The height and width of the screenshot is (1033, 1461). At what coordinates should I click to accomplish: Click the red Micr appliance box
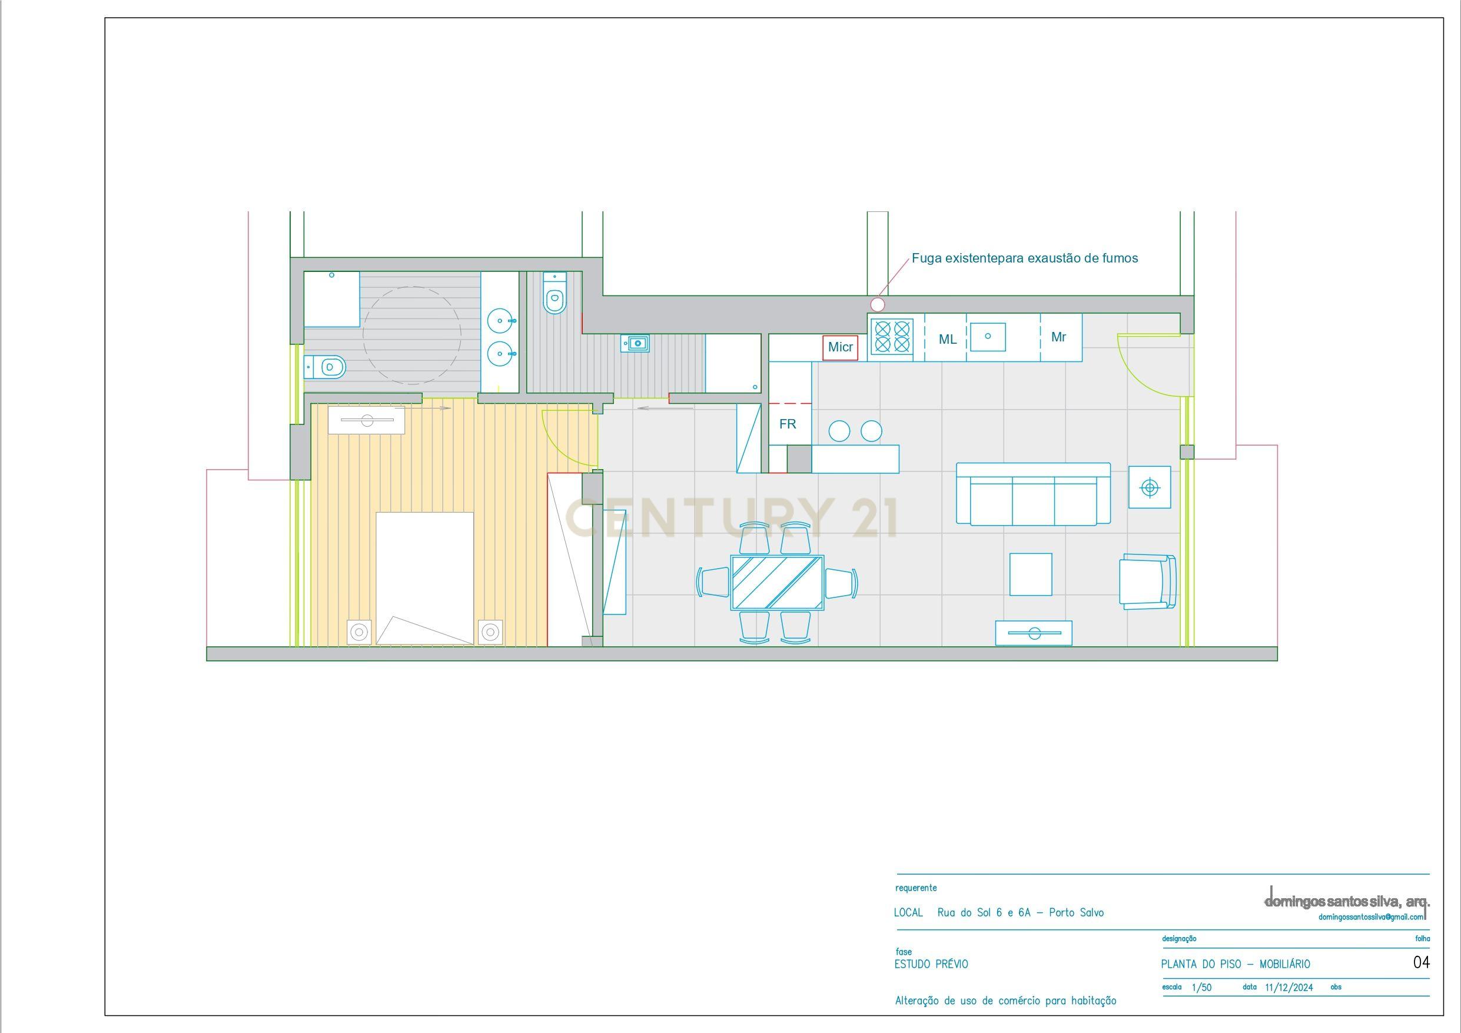(x=840, y=347)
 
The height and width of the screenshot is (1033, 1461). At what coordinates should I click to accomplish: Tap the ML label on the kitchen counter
(x=948, y=340)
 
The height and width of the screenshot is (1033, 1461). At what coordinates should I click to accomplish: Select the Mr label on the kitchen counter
(x=1058, y=337)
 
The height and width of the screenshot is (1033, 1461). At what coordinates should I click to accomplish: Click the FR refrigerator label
(x=788, y=424)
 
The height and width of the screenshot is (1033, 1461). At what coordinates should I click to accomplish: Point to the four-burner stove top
(x=891, y=336)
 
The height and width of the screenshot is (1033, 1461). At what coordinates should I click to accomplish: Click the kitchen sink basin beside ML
(x=988, y=337)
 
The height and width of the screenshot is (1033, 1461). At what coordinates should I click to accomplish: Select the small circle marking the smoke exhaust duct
(x=878, y=305)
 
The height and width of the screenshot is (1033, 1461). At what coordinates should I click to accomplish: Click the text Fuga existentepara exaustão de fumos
(x=1024, y=258)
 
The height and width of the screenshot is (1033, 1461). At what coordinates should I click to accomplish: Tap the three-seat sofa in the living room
(x=1034, y=494)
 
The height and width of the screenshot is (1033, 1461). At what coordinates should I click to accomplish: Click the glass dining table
(x=777, y=582)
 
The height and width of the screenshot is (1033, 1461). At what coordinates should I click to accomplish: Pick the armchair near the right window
(x=1148, y=582)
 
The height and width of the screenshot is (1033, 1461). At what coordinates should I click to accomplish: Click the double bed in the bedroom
(x=424, y=579)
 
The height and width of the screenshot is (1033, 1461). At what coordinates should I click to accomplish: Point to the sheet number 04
(x=1421, y=962)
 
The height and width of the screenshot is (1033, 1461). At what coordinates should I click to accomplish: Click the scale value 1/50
(x=1201, y=988)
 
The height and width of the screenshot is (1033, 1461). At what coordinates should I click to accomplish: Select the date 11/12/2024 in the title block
(x=1289, y=988)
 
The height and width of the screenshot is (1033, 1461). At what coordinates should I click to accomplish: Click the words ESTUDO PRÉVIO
(x=931, y=964)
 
